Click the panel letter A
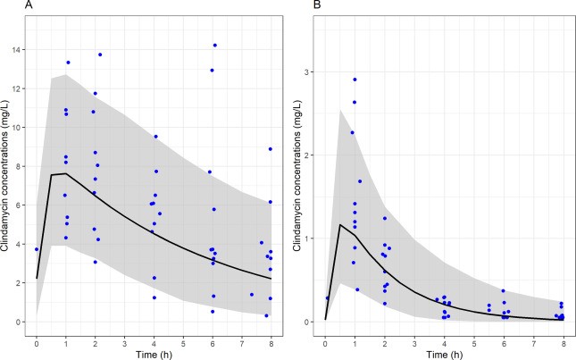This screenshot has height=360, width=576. (x=5, y=6)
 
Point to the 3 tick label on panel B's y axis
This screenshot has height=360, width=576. (x=309, y=71)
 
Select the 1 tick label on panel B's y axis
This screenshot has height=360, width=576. (x=309, y=239)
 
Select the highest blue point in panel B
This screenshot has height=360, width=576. (x=355, y=80)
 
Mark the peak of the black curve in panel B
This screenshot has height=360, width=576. (x=340, y=224)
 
